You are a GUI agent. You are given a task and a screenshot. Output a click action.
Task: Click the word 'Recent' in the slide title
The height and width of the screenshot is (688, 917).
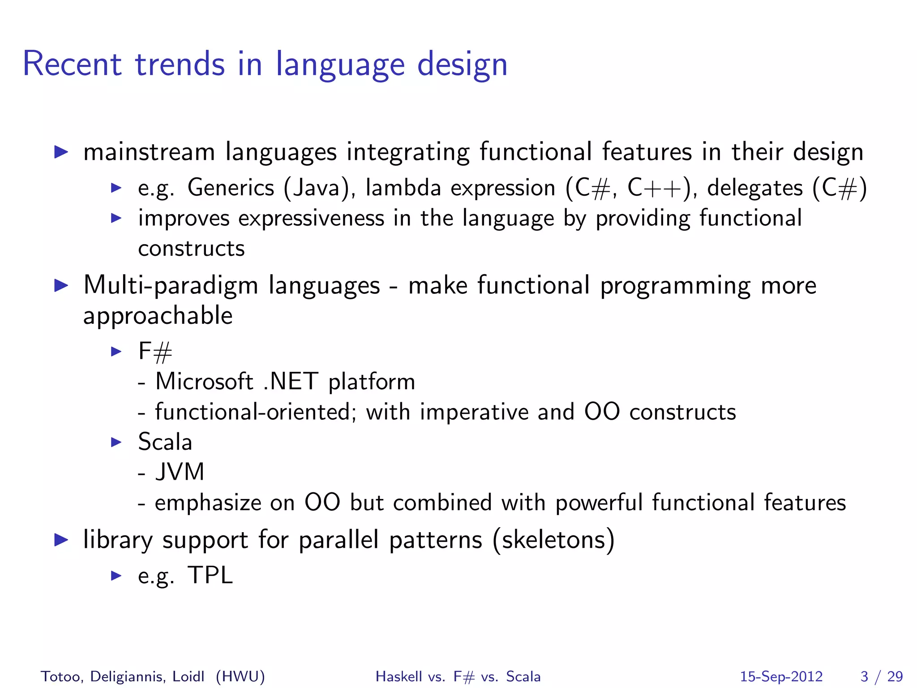click(x=72, y=64)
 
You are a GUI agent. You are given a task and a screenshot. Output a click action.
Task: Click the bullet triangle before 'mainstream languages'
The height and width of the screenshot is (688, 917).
click(x=60, y=152)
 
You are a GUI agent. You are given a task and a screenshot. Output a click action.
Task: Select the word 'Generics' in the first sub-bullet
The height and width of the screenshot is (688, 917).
click(x=231, y=187)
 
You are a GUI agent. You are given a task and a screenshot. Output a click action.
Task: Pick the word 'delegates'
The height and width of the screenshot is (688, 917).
click(x=754, y=187)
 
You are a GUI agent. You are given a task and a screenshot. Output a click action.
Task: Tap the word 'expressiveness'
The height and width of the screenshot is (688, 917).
click(x=311, y=219)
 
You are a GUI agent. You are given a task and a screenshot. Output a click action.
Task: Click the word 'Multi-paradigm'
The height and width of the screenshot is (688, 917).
click(x=171, y=285)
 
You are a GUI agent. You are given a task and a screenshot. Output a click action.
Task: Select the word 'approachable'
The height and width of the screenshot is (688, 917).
click(x=158, y=316)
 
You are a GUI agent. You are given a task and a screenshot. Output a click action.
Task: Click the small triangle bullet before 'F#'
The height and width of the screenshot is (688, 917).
click(x=116, y=352)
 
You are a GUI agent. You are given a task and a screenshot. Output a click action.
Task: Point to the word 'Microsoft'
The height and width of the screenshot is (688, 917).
click(x=204, y=382)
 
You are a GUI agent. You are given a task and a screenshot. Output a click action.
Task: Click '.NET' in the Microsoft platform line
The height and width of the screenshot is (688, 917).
click(x=291, y=382)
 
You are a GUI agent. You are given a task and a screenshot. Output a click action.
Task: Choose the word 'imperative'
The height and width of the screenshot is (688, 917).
click(x=474, y=412)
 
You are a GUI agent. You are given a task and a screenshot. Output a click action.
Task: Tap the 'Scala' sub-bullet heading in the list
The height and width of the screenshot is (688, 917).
click(x=165, y=442)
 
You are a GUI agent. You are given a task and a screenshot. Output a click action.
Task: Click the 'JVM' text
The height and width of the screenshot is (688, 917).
click(x=180, y=472)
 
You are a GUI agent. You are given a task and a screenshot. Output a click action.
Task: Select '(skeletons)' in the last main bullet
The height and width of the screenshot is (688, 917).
click(x=553, y=540)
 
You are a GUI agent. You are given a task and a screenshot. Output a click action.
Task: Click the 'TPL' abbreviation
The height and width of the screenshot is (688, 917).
click(x=210, y=575)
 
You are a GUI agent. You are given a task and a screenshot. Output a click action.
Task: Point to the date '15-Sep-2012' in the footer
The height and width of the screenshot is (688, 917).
click(x=781, y=676)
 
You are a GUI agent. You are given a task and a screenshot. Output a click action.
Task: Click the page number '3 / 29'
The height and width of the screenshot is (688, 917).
click(x=881, y=676)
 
